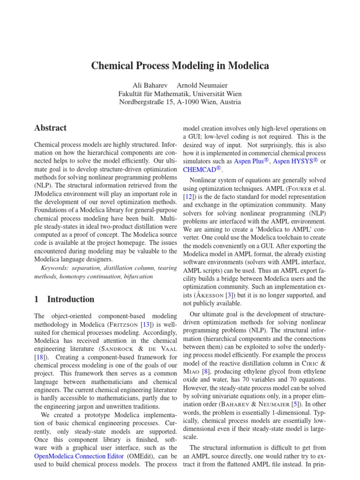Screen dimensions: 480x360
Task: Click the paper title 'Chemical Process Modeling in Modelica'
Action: [180, 66]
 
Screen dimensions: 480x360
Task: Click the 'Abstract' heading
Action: [51, 128]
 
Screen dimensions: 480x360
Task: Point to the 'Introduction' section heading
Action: [71, 299]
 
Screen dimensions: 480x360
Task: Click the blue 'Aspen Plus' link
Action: [252, 161]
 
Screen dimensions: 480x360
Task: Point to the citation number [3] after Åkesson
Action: [229, 295]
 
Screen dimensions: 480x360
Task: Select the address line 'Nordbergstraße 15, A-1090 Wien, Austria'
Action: [180, 102]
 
